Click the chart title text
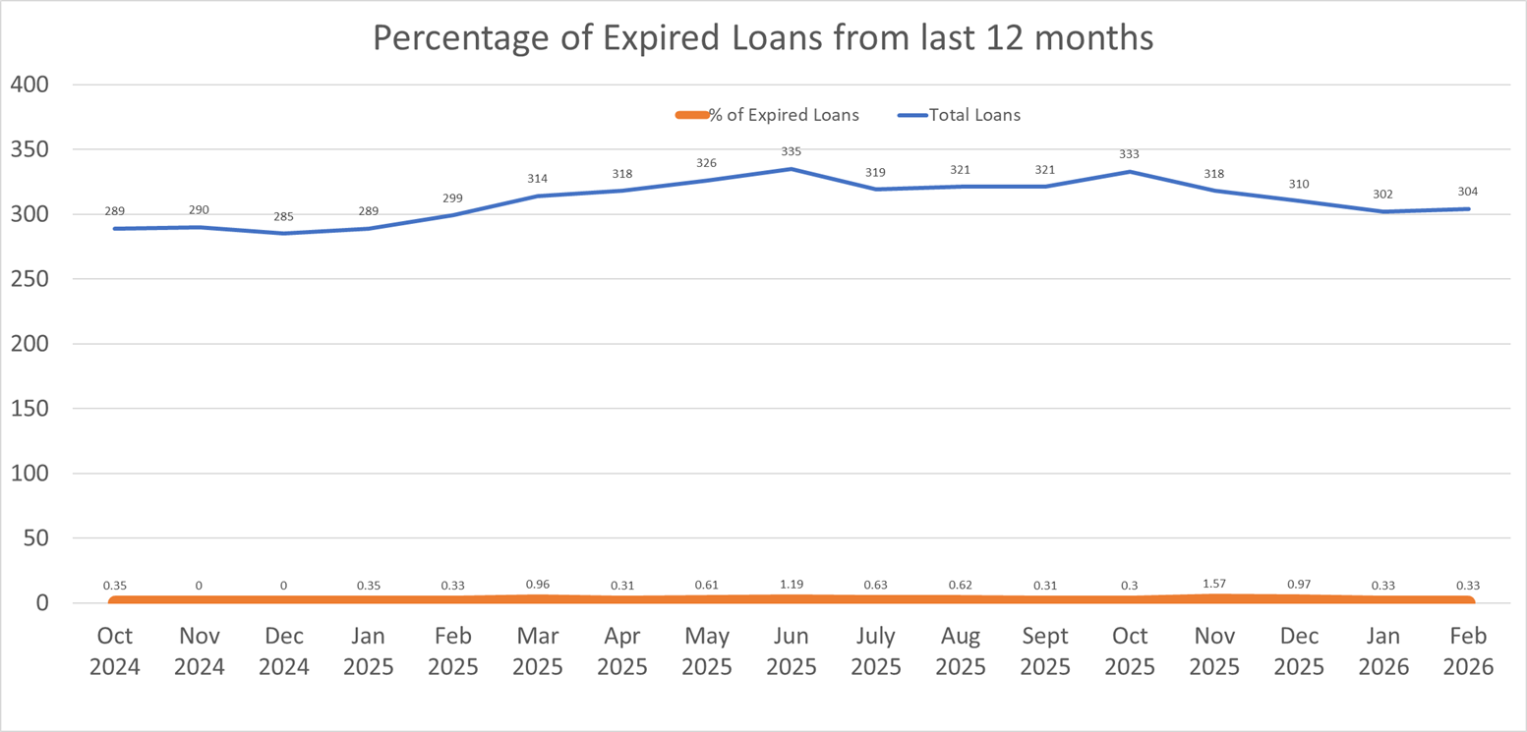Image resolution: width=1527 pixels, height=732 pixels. pyautogui.click(x=762, y=38)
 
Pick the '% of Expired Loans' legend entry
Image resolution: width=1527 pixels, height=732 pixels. pyautogui.click(x=784, y=115)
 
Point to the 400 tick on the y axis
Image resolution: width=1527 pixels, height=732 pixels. pyautogui.click(x=29, y=84)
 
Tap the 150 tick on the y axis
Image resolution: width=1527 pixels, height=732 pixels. pyautogui.click(x=29, y=409)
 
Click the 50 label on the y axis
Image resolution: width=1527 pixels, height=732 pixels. pyautogui.click(x=35, y=538)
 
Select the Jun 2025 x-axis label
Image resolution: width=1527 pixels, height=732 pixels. pyautogui.click(x=791, y=652)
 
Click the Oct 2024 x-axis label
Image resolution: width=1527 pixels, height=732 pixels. pyautogui.click(x=114, y=652)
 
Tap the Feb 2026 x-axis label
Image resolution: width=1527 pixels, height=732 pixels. pyautogui.click(x=1468, y=652)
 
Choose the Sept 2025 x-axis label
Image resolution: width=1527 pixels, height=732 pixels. pyautogui.click(x=1045, y=652)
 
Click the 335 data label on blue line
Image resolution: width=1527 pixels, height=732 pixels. pyautogui.click(x=791, y=152)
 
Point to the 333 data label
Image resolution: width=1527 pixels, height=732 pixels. pyautogui.click(x=1130, y=154)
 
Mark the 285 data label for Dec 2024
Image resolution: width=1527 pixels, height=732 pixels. pyautogui.click(x=283, y=216)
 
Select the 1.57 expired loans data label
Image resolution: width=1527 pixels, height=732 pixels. pyautogui.click(x=1214, y=584)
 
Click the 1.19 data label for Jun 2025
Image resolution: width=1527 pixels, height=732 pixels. pyautogui.click(x=791, y=584)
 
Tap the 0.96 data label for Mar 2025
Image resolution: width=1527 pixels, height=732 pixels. pyautogui.click(x=537, y=584)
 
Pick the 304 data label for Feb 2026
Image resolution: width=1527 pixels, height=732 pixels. pyautogui.click(x=1468, y=192)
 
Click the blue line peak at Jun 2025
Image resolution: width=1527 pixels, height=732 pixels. pyautogui.click(x=791, y=169)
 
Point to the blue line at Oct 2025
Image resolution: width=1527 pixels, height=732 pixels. pyautogui.click(x=1130, y=172)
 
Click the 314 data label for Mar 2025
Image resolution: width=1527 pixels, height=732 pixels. pyautogui.click(x=537, y=179)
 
